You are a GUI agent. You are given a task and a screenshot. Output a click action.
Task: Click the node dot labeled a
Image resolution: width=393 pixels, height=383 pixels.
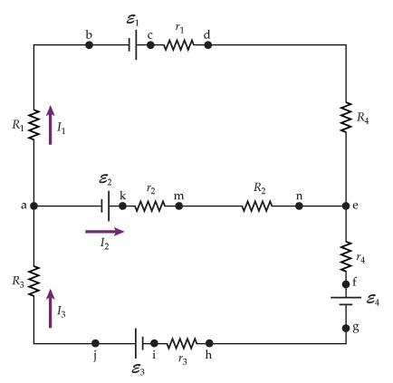pos(34,206)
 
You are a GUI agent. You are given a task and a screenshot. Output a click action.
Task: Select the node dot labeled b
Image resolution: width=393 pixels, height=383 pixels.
pos(89,43)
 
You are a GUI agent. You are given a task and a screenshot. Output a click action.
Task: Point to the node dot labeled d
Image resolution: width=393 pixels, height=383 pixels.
pos(208,43)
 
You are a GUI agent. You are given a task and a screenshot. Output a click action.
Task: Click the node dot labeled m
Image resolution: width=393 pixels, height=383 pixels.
pos(179,206)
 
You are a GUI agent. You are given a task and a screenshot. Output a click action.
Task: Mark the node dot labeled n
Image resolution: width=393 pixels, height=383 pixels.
pos(299,206)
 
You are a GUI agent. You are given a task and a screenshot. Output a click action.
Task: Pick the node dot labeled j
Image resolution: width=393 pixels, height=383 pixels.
pos(95,344)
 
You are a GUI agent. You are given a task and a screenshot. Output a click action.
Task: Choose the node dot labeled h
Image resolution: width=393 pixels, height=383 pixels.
pos(209,344)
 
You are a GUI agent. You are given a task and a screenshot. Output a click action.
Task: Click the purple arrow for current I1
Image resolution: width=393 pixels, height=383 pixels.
pos(50,128)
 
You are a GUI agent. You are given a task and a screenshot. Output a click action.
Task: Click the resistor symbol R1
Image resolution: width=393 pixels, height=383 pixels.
pos(34,125)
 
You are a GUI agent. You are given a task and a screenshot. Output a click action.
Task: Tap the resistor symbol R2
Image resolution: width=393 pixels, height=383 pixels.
pos(257,206)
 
